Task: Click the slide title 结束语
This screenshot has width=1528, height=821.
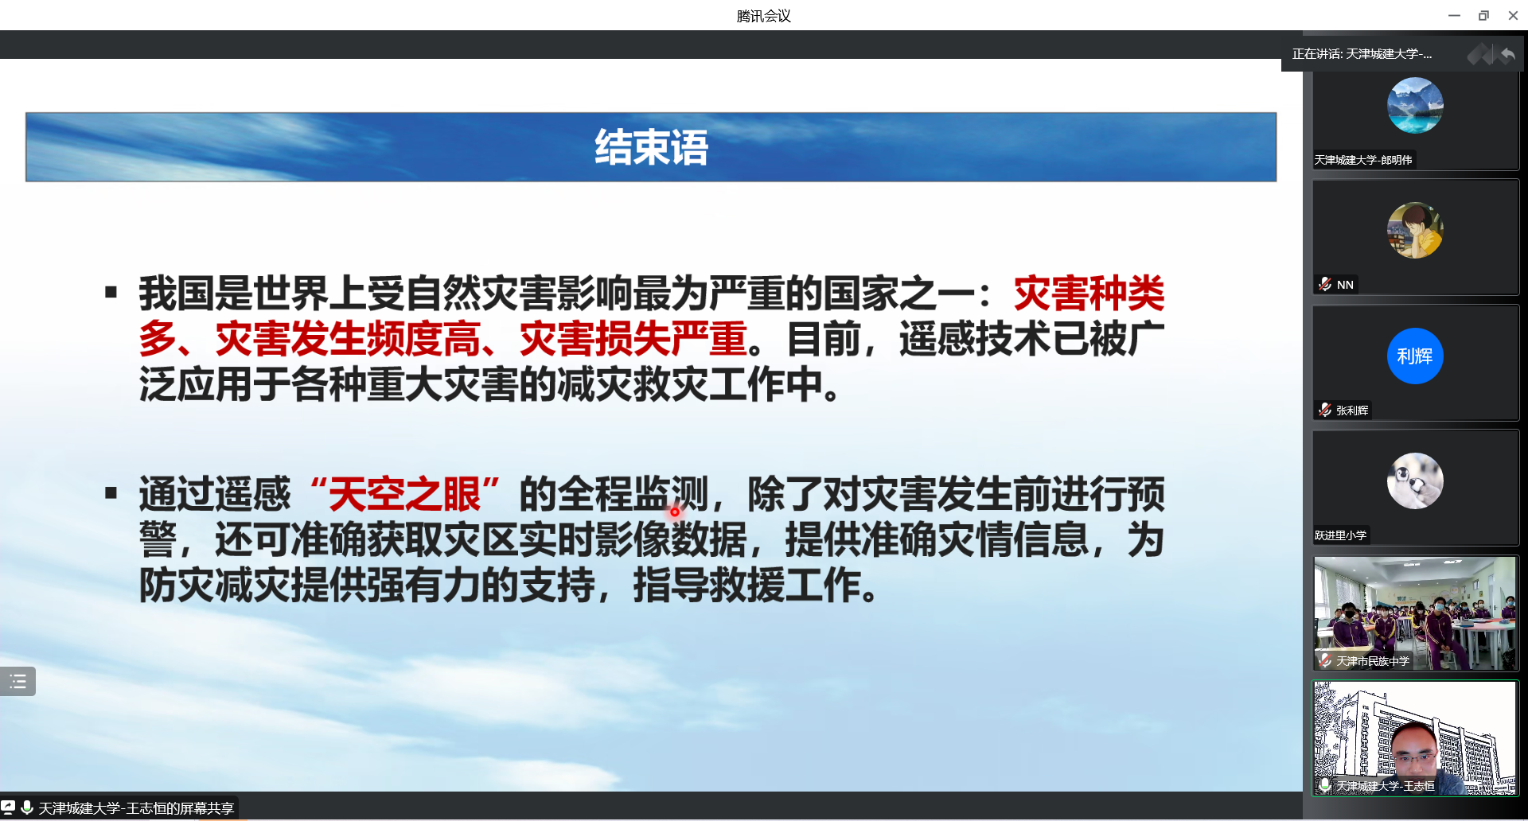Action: point(651,147)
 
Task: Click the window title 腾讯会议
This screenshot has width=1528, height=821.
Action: point(763,16)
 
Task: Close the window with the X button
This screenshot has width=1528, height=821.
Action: point(1513,15)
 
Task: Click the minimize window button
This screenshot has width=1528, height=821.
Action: point(1454,15)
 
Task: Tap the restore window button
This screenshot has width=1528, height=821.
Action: point(1483,15)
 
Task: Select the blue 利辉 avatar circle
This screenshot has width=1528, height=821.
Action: point(1415,356)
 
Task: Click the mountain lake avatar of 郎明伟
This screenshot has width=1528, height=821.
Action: point(1415,105)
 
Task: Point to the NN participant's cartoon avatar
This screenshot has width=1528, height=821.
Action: point(1415,231)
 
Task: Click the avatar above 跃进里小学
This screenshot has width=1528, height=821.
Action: point(1415,481)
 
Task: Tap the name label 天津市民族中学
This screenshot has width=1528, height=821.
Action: point(1373,661)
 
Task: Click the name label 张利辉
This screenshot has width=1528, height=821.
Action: point(1352,410)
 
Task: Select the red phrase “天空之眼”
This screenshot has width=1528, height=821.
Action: point(405,494)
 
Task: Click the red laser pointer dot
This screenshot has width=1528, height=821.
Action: point(675,512)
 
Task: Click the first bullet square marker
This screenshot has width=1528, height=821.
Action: point(111,292)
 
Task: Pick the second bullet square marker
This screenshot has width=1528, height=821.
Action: point(111,493)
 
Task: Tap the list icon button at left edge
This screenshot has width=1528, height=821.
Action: point(18,682)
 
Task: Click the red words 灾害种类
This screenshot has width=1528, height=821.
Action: point(1089,294)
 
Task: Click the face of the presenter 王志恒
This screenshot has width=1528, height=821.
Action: point(1416,749)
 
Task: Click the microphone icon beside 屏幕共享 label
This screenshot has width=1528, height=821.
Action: point(27,807)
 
